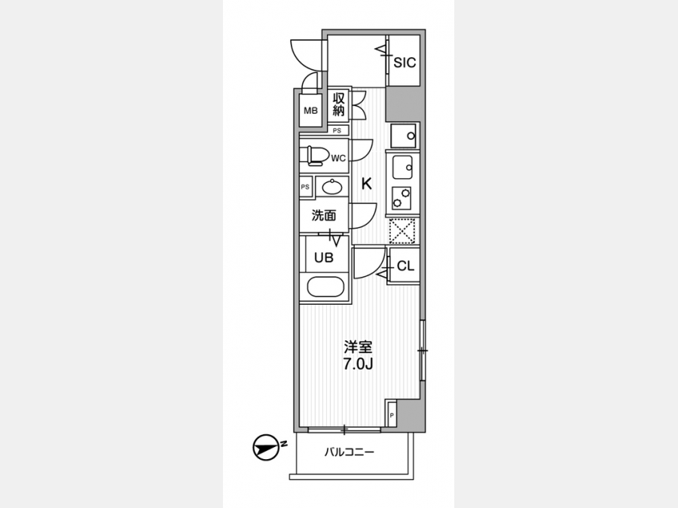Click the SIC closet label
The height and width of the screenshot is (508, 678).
[x=405, y=62]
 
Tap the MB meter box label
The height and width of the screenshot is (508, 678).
[x=310, y=111]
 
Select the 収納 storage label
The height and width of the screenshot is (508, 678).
[x=338, y=104]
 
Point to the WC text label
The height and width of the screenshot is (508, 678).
[x=338, y=158]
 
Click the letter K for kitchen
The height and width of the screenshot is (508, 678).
[x=366, y=184]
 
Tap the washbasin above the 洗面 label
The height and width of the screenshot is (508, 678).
[x=332, y=187]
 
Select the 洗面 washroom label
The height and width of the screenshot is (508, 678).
[x=324, y=215]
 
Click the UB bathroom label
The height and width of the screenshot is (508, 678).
[x=324, y=258]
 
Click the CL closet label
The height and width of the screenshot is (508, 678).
[x=405, y=266]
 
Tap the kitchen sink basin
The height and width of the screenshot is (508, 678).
[x=402, y=167]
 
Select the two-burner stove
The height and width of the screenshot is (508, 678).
[x=402, y=198]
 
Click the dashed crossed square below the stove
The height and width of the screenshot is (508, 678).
[x=402, y=231]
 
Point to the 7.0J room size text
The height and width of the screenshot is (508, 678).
[x=358, y=364]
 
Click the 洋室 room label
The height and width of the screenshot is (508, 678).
[x=358, y=347]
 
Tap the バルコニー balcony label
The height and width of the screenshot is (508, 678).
[x=349, y=452]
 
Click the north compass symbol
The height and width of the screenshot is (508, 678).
[x=265, y=447]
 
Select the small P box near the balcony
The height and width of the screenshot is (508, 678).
[x=391, y=415]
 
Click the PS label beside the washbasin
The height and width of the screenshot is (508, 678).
[x=305, y=187]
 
